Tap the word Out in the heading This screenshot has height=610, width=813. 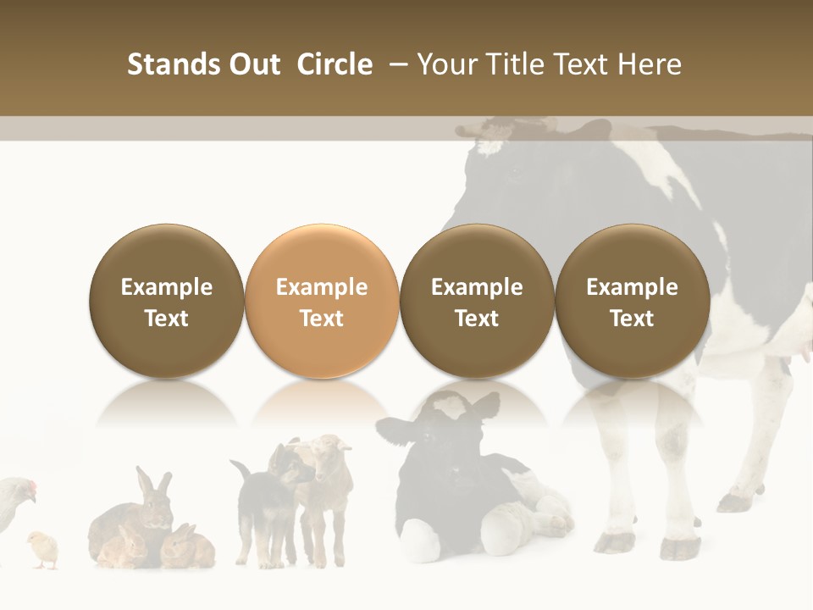click(x=255, y=64)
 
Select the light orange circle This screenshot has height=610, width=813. click(x=322, y=301)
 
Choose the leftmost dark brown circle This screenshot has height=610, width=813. click(x=167, y=301)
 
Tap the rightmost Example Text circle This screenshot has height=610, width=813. click(x=632, y=301)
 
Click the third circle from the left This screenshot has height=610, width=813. click(x=477, y=301)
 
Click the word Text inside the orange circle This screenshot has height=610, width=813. click(x=322, y=319)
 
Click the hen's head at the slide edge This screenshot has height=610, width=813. click(x=25, y=489)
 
